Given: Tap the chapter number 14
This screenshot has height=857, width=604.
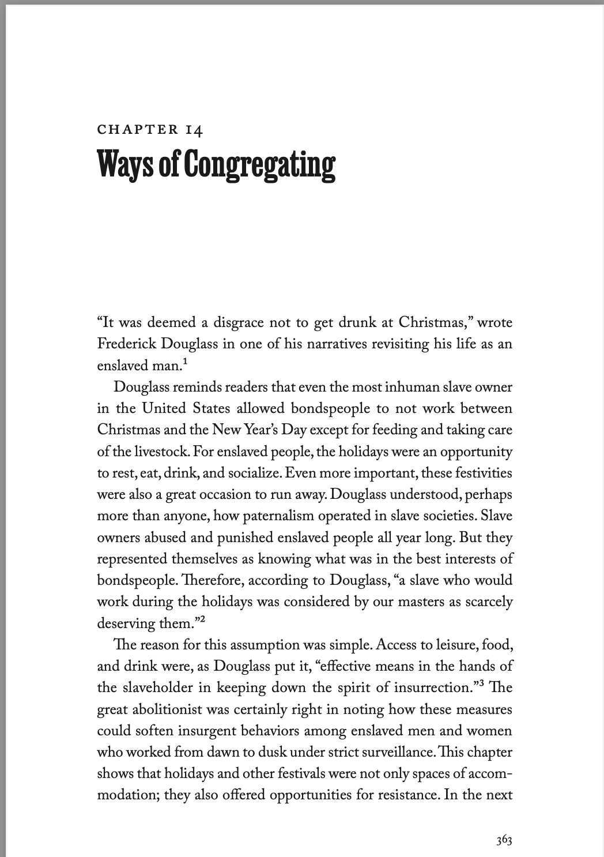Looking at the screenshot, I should pos(194,130).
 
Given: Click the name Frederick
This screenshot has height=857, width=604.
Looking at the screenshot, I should pos(124,344).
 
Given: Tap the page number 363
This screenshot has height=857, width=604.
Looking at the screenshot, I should pos(504,840).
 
